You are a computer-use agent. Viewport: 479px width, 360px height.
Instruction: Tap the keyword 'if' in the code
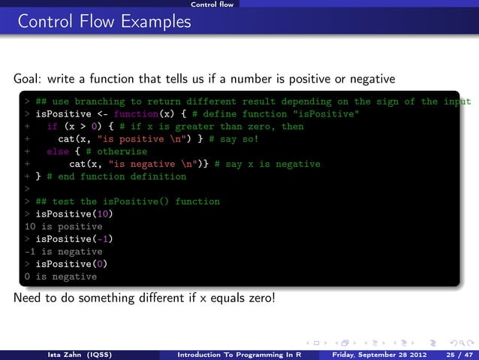tap(52, 127)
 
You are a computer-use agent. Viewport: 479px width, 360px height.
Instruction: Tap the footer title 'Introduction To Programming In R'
tap(239, 351)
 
